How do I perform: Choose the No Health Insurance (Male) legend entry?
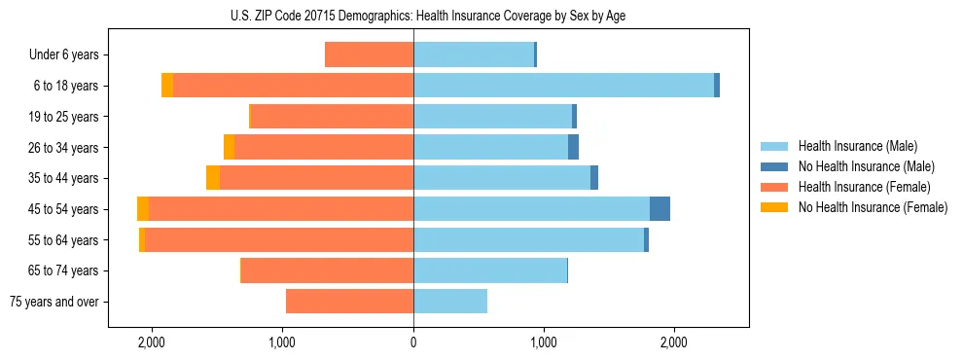click(x=859, y=166)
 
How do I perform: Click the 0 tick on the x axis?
click(x=413, y=342)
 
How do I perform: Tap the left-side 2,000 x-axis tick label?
click(x=152, y=342)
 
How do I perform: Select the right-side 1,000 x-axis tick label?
click(x=544, y=342)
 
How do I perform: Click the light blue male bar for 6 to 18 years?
click(x=563, y=85)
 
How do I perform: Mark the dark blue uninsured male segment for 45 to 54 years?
click(x=660, y=208)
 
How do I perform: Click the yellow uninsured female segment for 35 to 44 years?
click(x=213, y=178)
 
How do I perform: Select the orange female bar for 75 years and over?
click(x=349, y=302)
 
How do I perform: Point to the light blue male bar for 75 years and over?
click(x=450, y=302)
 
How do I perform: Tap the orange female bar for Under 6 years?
click(x=369, y=54)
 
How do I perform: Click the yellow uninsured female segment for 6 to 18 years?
click(x=167, y=85)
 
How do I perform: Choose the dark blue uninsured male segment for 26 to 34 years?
click(x=573, y=147)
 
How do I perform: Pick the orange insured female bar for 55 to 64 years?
click(x=278, y=239)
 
